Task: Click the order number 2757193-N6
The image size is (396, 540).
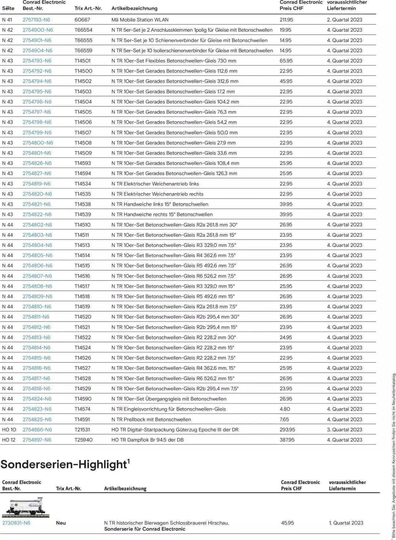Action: (x=36, y=20)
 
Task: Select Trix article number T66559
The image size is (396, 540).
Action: (x=83, y=50)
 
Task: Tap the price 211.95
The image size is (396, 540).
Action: (x=286, y=20)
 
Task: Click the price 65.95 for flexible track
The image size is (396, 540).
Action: (x=286, y=61)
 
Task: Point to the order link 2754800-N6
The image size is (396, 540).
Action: (x=38, y=143)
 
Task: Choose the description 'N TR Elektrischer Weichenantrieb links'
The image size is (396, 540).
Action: (x=155, y=184)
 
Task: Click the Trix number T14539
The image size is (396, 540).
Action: (x=83, y=214)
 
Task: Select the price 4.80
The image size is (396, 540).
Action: (x=285, y=409)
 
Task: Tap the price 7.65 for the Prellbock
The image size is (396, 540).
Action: (x=284, y=419)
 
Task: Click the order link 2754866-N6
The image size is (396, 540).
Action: (x=37, y=430)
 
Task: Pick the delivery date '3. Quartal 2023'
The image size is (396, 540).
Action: (x=344, y=430)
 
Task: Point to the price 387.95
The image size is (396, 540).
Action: (x=287, y=440)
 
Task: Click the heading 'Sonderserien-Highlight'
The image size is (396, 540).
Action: (x=64, y=464)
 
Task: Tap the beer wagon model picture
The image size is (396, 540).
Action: (x=26, y=507)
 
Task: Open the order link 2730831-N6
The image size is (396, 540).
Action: (x=16, y=523)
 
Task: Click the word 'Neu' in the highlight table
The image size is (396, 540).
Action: (x=61, y=523)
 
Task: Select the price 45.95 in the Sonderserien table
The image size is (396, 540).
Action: (x=287, y=523)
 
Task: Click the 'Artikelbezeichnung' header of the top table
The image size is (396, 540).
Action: (x=134, y=8)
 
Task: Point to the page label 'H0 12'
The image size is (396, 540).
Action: (x=9, y=440)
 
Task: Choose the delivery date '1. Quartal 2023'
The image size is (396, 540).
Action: (x=346, y=523)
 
